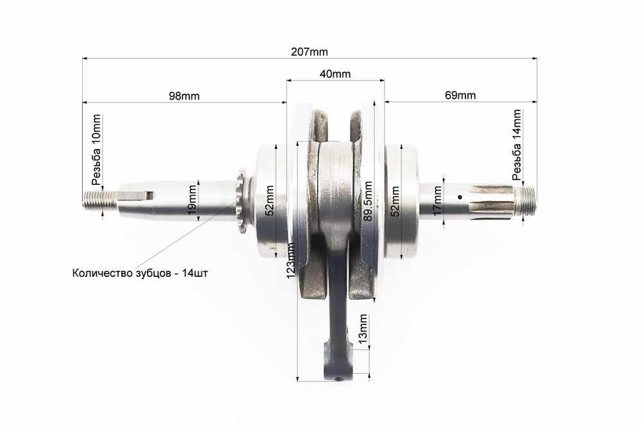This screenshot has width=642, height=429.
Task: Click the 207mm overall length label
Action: coord(309,52)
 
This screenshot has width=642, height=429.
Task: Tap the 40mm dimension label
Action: coord(335,74)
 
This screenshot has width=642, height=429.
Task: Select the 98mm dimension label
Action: coord(184,96)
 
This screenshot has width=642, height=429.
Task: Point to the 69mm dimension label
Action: coord(460,96)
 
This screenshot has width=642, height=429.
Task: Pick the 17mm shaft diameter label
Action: coord(438,201)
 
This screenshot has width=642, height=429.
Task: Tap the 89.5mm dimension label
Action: coord(367,201)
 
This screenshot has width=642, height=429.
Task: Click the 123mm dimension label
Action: coord(291,260)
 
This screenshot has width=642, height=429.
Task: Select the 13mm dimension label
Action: coord(362,329)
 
